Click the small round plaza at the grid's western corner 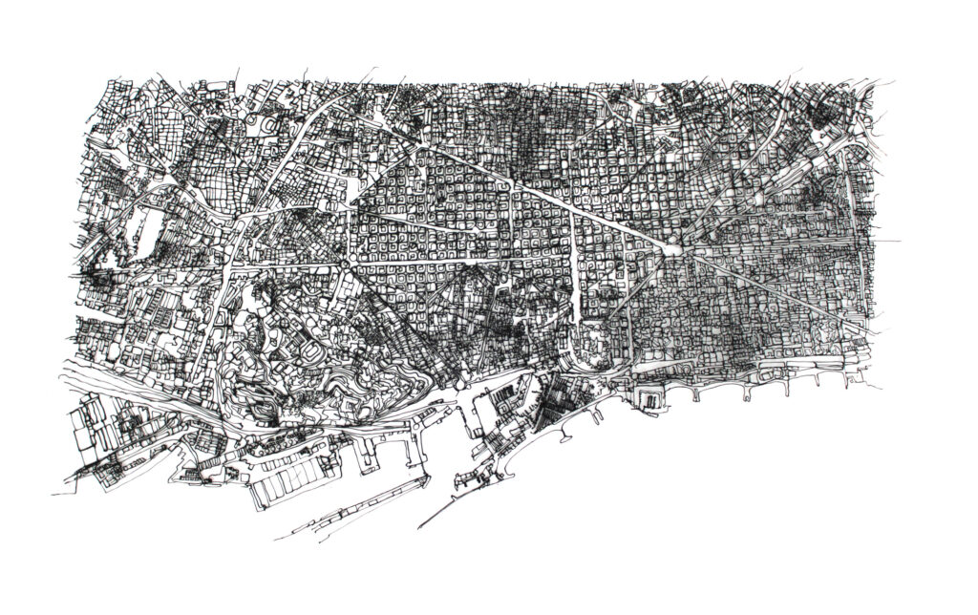(x=343, y=259)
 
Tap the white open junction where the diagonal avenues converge (x=671, y=249)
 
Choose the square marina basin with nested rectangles (x=652, y=396)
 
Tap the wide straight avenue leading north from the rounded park (x=576, y=258)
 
